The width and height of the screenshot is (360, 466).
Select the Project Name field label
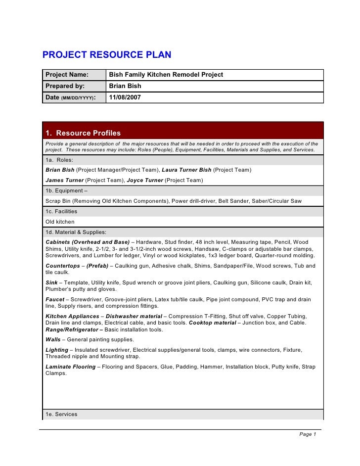click(67, 75)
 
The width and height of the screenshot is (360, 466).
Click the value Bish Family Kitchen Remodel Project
click(166, 75)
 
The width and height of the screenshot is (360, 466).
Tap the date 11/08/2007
click(125, 97)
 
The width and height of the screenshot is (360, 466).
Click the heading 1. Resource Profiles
click(83, 133)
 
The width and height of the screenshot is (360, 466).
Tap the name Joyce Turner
click(145, 181)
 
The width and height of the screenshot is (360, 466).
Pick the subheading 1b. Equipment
click(66, 190)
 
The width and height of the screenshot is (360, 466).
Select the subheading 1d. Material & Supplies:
click(76, 232)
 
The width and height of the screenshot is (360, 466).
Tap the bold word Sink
click(51, 282)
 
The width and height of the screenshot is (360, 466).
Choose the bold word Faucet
click(55, 300)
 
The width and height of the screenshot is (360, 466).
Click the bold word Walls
click(53, 339)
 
